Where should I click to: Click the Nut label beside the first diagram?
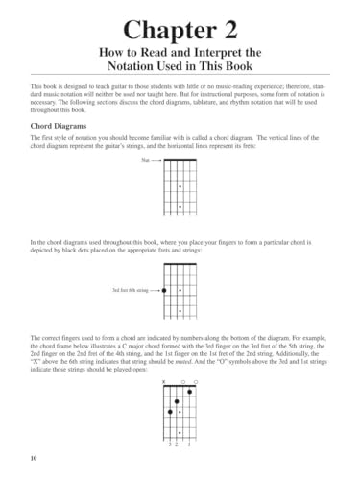(145, 165)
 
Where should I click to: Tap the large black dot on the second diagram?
(164, 289)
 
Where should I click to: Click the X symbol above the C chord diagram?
(164, 381)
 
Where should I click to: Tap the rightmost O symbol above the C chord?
(195, 381)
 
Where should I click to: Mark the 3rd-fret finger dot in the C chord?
(170, 413)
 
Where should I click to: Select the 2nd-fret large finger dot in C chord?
(176, 402)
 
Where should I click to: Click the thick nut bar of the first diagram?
(180, 165)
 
